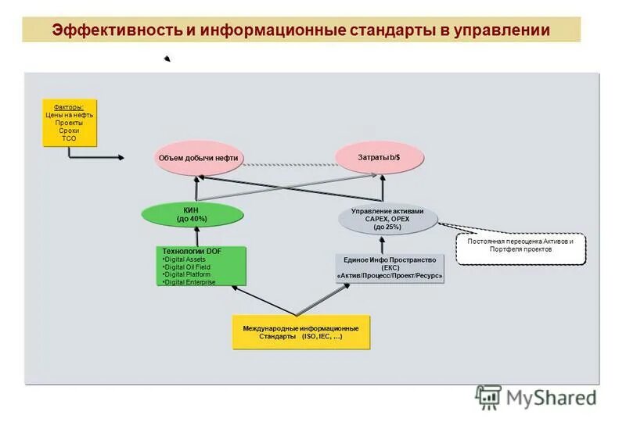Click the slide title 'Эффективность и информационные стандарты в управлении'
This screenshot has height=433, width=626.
[x=301, y=30]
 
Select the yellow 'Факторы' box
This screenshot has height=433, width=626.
[x=69, y=123]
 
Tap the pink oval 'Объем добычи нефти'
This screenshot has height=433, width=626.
[x=198, y=158]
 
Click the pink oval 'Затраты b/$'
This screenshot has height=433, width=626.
[x=379, y=157]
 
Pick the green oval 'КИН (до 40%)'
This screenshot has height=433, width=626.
[x=191, y=215]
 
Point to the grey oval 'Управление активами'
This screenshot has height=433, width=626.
[x=388, y=218]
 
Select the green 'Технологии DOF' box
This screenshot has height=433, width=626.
[x=201, y=266]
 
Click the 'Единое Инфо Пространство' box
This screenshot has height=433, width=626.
[x=389, y=267]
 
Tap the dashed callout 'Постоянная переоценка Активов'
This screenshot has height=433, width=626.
[x=520, y=245]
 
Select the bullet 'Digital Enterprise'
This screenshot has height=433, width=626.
[x=190, y=282]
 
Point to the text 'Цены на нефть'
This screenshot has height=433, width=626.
[x=69, y=115]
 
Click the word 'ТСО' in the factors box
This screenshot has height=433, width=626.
[x=69, y=138]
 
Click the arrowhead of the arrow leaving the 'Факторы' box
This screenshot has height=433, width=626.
[x=120, y=157]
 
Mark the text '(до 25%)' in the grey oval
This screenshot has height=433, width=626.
[x=387, y=227]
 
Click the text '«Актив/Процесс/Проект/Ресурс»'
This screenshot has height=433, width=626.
[x=389, y=276]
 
